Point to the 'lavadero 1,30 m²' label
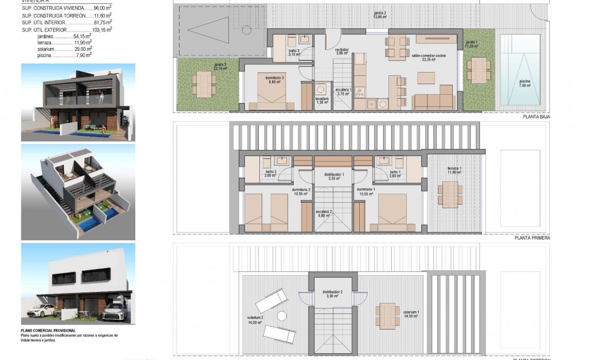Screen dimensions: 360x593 323,101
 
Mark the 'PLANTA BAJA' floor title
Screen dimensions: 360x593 536,117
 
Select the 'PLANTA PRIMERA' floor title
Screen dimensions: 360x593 532,238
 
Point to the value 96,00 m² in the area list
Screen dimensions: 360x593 100,9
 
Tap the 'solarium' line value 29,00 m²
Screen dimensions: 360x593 84,49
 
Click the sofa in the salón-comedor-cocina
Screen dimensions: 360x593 435,101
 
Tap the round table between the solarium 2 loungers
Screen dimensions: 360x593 282,316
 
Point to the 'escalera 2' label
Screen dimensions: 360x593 324,213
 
